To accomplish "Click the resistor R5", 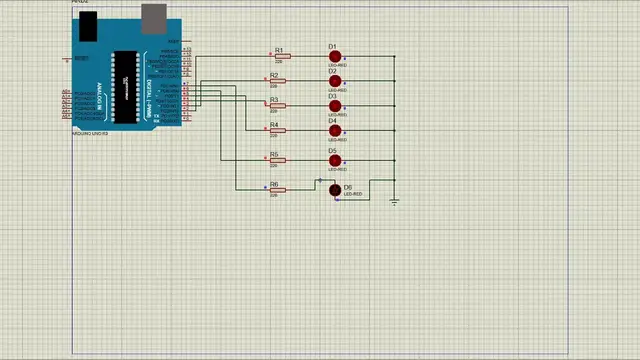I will pyautogui.click(x=278, y=160).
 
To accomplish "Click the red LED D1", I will pyautogui.click(x=335, y=57).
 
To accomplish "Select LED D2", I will pyautogui.click(x=335, y=82).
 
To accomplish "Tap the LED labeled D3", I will pyautogui.click(x=335, y=107).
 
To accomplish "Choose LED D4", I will pyautogui.click(x=335, y=131).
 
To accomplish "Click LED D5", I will pyautogui.click(x=335, y=160).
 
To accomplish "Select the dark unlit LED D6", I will pyautogui.click(x=335, y=190).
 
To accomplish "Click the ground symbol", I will pyautogui.click(x=395, y=201).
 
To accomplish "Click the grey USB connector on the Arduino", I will pyautogui.click(x=153, y=16).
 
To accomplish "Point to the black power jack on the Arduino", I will pyautogui.click(x=88, y=27).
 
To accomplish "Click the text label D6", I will pyautogui.click(x=348, y=187).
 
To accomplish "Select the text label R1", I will pyautogui.click(x=279, y=50).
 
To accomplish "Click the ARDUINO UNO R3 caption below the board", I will pyautogui.click(x=90, y=132).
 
